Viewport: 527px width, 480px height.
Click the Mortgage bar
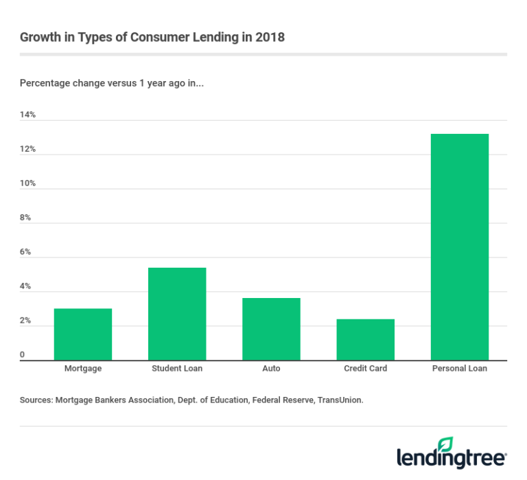(82, 334)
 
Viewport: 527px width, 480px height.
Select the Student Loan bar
(177, 314)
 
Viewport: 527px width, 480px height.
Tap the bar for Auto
(271, 329)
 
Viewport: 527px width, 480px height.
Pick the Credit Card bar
(365, 339)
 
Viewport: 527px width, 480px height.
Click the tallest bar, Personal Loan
(459, 247)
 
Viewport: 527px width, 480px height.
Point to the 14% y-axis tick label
(27, 115)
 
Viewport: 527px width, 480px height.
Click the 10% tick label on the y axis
(27, 183)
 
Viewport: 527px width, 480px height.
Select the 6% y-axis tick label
(25, 252)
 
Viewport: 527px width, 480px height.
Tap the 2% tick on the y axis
(25, 321)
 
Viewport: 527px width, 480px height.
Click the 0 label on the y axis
(23, 355)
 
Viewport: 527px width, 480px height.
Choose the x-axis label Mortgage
(83, 369)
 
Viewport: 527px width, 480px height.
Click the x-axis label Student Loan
(177, 369)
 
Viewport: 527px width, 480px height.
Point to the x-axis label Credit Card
(365, 369)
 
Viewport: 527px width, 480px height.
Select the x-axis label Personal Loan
(459, 369)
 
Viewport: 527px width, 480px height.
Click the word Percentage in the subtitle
(43, 83)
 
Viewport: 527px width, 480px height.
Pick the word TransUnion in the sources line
(340, 399)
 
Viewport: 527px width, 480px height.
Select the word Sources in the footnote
(37, 399)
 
